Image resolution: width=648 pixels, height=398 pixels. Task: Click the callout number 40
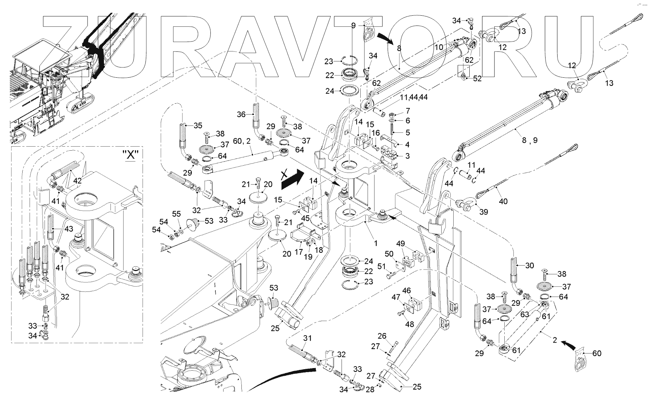pyautogui.click(x=503, y=201)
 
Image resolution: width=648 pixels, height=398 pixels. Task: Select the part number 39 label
pyautogui.click(x=484, y=212)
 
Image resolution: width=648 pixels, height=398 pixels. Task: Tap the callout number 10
pyautogui.click(x=439, y=47)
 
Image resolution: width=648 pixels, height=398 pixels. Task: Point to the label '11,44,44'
pyautogui.click(x=414, y=97)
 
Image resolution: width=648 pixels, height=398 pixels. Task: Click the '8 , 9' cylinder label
pyautogui.click(x=530, y=140)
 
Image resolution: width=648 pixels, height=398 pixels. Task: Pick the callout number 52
pyautogui.click(x=477, y=78)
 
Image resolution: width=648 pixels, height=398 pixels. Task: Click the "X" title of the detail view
pyautogui.click(x=131, y=155)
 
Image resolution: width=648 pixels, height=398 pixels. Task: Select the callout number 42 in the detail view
pyautogui.click(x=77, y=181)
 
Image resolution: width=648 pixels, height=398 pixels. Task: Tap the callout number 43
pyautogui.click(x=69, y=229)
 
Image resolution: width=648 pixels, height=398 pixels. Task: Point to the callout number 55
pyautogui.click(x=176, y=214)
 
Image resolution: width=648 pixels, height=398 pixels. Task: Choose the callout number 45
pyautogui.click(x=306, y=219)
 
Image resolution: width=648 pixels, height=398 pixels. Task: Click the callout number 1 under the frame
pyautogui.click(x=376, y=243)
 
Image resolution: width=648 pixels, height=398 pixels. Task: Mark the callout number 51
pyautogui.click(x=381, y=266)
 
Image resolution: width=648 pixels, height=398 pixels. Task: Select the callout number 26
pyautogui.click(x=381, y=336)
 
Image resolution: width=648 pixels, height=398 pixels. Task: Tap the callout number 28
pyautogui.click(x=370, y=390)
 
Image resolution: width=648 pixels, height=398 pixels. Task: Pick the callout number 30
pyautogui.click(x=530, y=266)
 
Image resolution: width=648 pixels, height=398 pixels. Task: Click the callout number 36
pyautogui.click(x=241, y=114)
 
